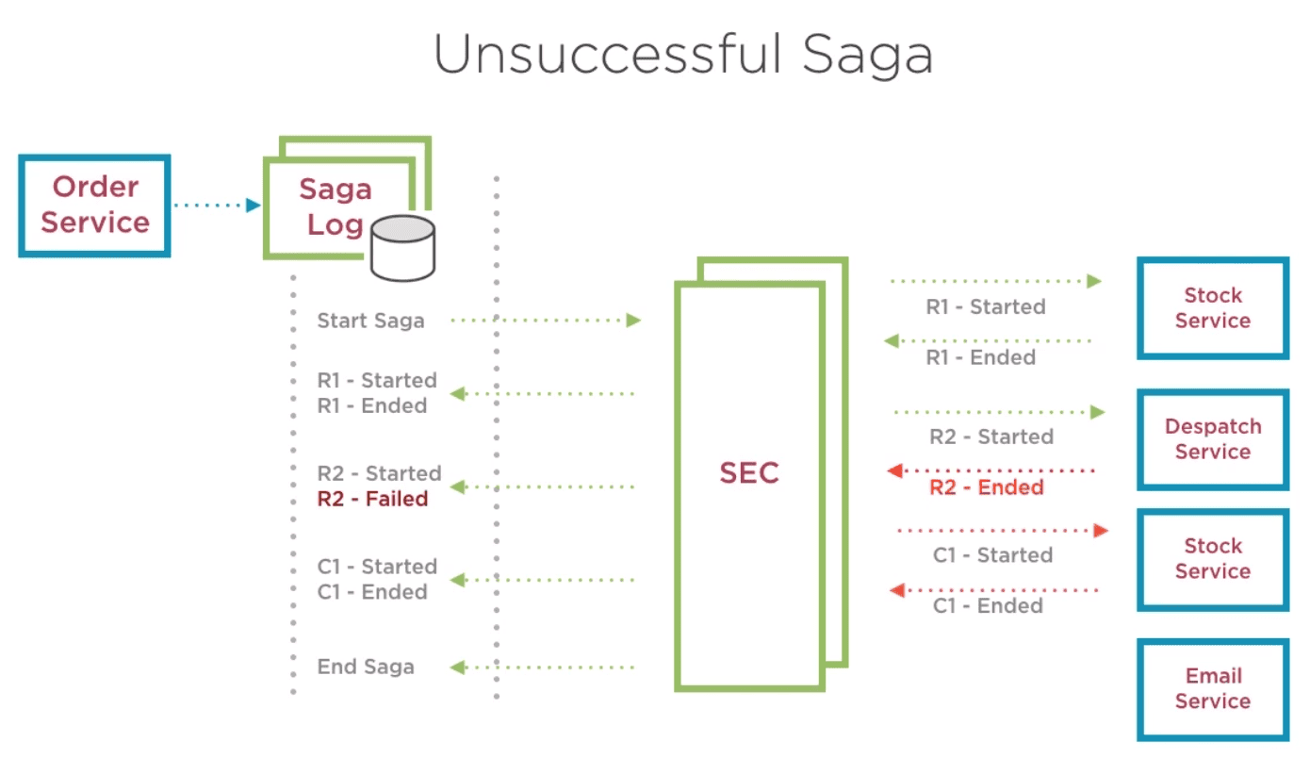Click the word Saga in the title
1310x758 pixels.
coord(867,57)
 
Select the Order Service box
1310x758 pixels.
coord(95,206)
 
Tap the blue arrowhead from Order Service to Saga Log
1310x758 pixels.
coord(254,205)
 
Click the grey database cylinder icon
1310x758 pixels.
coord(403,248)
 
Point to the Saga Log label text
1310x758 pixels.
coord(336,206)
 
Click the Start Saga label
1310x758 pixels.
coord(370,321)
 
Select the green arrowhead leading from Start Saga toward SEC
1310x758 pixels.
coord(633,320)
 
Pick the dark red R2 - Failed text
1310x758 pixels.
coord(372,499)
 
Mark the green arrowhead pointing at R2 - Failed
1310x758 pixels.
coord(458,486)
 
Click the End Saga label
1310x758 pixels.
coord(366,667)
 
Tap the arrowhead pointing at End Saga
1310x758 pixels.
coord(458,667)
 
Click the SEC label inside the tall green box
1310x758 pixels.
coord(749,472)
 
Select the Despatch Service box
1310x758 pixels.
coord(1213,439)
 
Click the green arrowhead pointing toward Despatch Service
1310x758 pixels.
coord(1097,412)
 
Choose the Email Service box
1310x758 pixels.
coord(1213,689)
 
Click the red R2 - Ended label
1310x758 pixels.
coord(987,487)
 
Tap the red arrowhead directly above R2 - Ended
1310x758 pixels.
coord(895,470)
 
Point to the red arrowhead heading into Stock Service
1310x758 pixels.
coord(1101,531)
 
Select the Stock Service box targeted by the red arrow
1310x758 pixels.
coord(1213,559)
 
